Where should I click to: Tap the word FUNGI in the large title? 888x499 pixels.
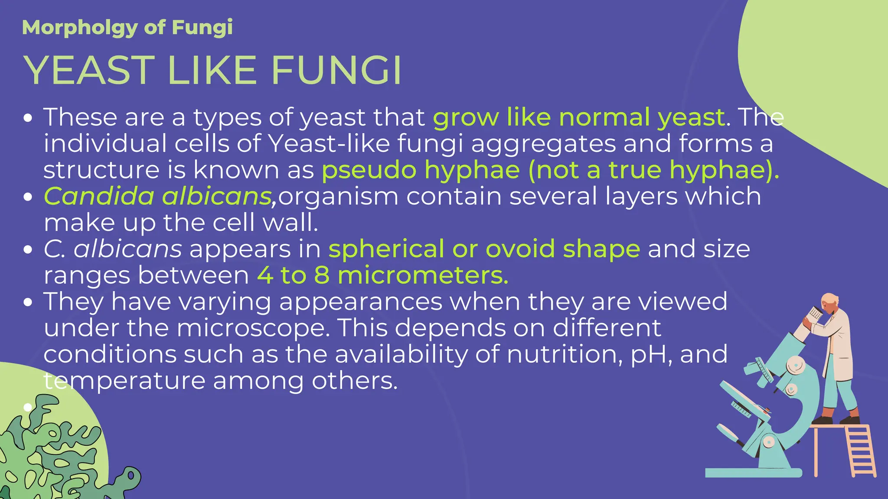(336, 70)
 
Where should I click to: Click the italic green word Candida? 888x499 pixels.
(99, 196)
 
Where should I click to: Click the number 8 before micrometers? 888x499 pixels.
(321, 275)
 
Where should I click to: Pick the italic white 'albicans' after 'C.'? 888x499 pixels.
(127, 249)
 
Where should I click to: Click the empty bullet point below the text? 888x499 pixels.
(28, 407)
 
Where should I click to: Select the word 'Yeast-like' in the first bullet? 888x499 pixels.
(329, 143)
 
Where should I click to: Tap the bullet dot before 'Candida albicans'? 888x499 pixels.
(28, 197)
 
